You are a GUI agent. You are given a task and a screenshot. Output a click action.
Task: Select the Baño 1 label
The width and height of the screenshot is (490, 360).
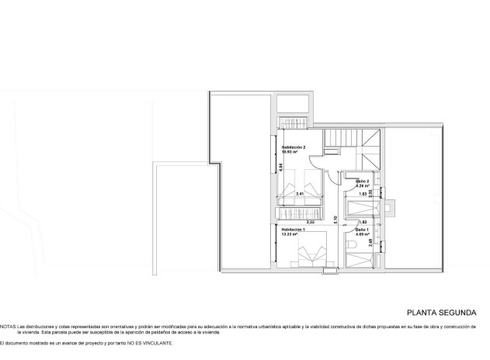point(363,230)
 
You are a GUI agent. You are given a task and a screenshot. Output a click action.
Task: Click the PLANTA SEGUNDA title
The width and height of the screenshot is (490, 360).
point(437,313)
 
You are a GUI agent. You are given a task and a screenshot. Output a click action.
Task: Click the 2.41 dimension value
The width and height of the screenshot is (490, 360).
point(301,194)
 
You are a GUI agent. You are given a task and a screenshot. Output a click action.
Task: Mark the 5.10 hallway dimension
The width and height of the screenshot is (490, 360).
point(335,220)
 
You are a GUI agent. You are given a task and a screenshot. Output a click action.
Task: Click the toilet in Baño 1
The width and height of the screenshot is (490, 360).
point(354,246)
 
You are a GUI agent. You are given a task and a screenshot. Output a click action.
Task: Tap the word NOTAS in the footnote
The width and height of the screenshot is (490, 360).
point(7,327)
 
